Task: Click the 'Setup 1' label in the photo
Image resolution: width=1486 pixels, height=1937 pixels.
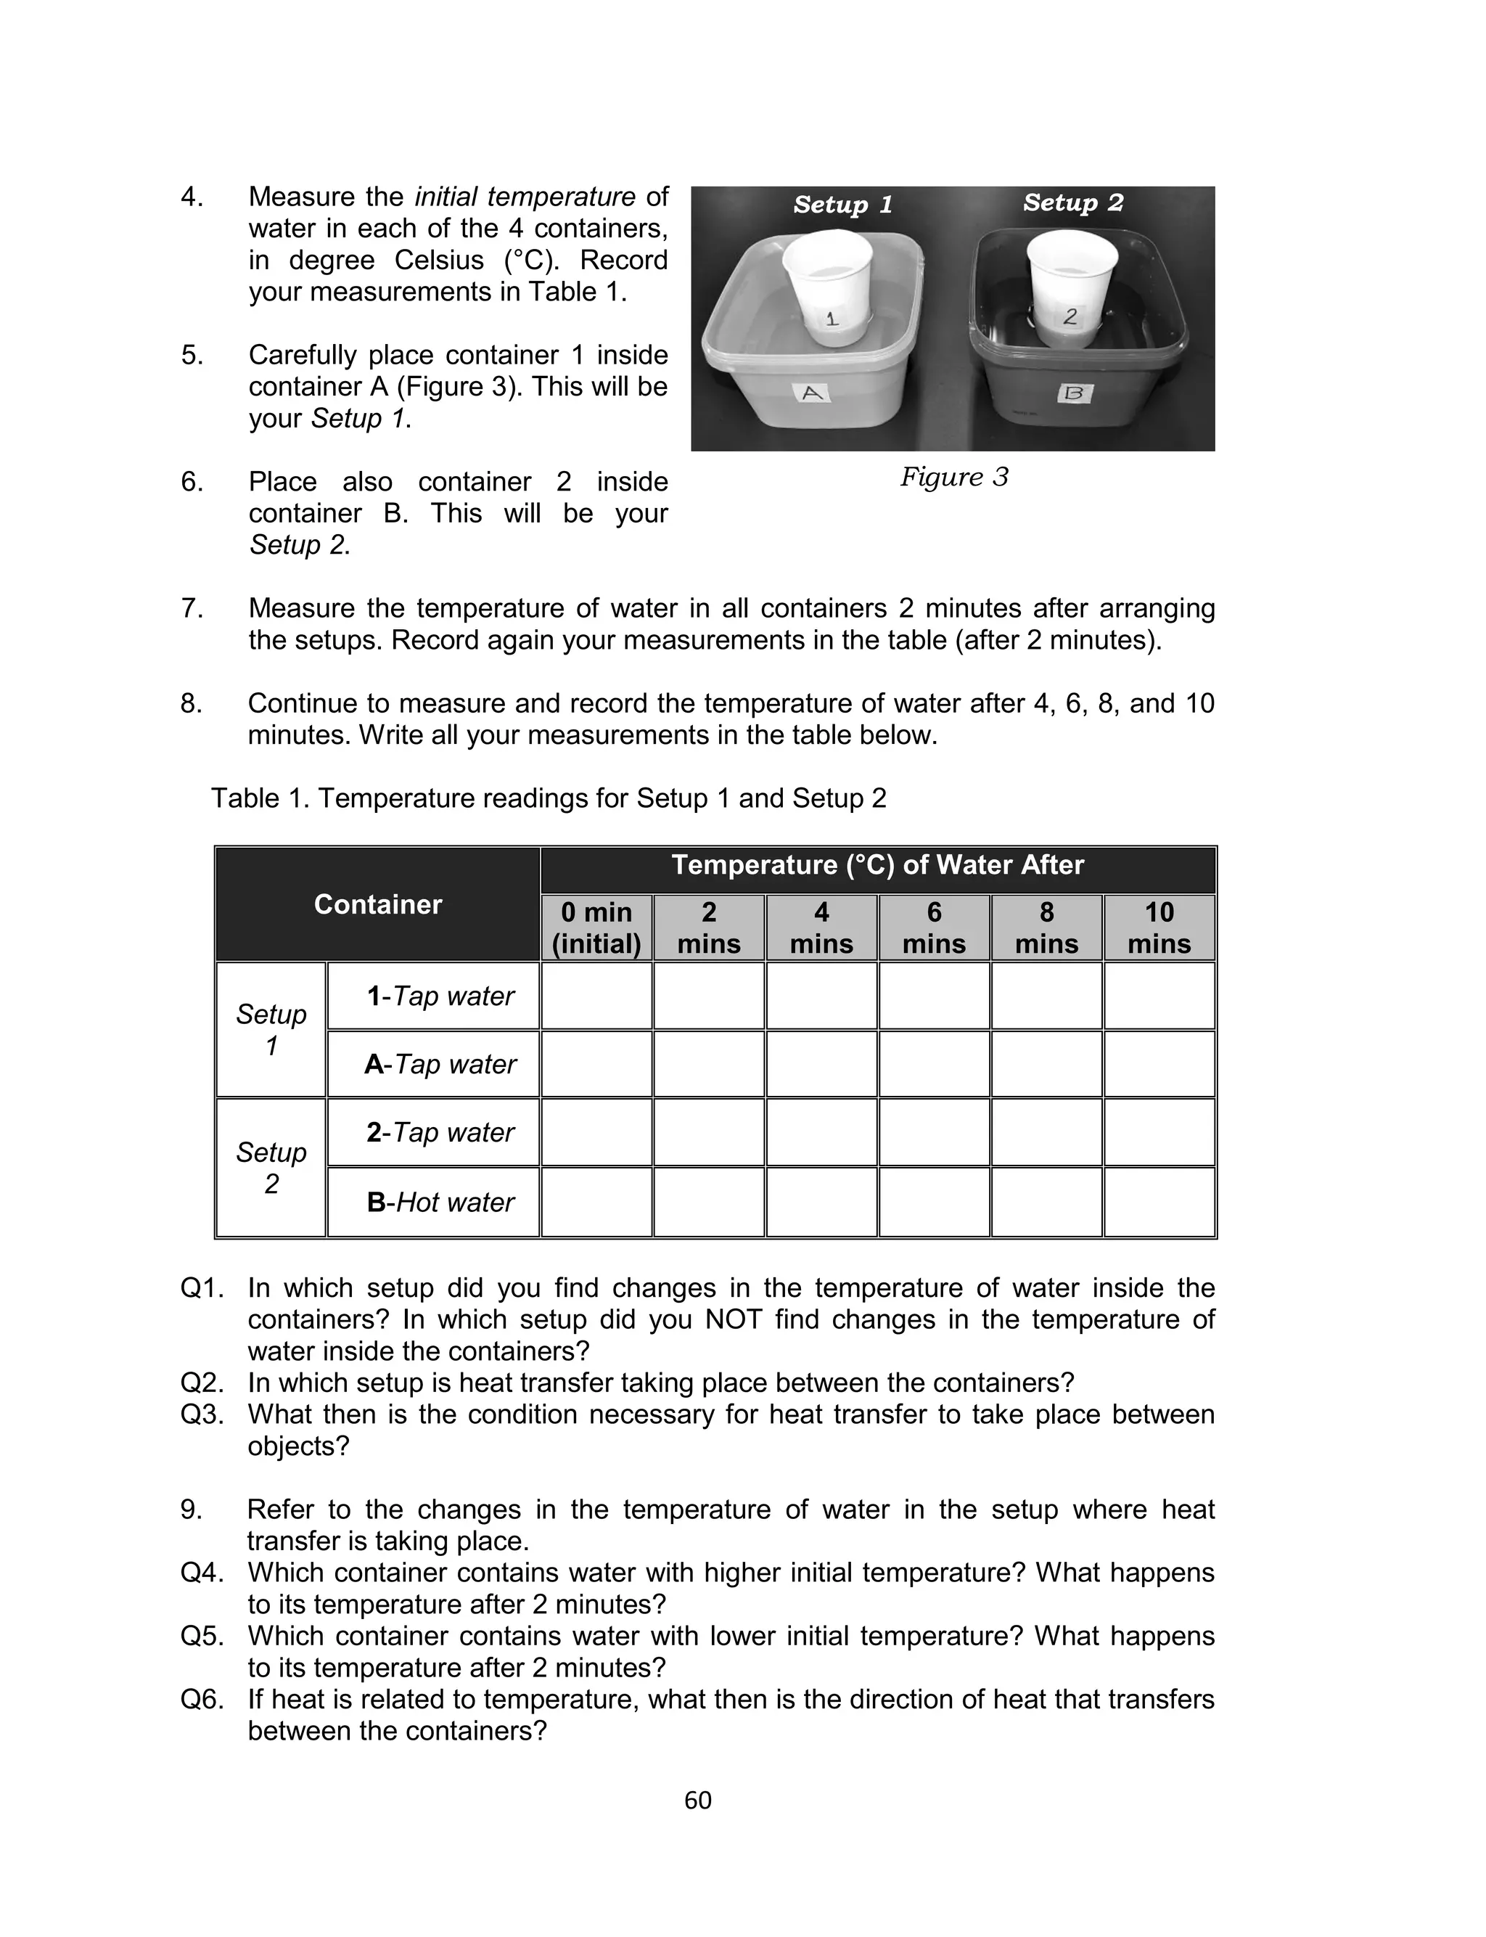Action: [842, 205]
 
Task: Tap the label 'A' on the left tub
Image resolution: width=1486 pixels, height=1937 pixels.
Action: [812, 393]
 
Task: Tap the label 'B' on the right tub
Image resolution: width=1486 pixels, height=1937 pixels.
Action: [1074, 393]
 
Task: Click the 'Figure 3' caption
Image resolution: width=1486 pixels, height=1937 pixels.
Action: [953, 477]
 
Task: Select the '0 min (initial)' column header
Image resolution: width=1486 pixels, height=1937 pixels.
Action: [596, 927]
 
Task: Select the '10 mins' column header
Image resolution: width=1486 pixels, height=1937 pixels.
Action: [1159, 927]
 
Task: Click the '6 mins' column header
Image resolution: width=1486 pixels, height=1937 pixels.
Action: [934, 927]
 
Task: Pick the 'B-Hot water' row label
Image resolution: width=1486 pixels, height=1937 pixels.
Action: [440, 1202]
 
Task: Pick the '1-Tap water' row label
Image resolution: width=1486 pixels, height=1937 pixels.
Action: [440, 996]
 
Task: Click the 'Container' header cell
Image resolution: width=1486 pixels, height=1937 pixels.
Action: [378, 904]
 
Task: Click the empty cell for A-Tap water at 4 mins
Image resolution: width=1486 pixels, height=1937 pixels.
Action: [821, 1064]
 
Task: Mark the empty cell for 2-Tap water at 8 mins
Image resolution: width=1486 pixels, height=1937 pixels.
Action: [1046, 1132]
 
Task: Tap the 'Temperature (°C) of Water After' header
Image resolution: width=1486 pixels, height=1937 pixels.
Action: [877, 865]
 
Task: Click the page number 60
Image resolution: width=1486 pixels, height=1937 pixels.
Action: [697, 1800]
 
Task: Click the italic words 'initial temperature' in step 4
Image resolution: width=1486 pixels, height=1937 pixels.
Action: [525, 197]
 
